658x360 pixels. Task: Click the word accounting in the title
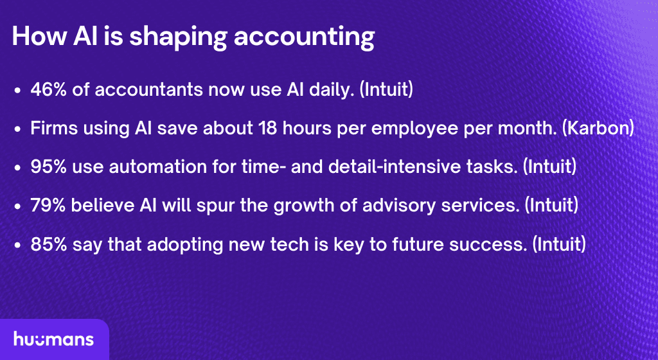coord(304,37)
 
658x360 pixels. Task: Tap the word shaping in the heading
coord(178,37)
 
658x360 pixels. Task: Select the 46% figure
coord(49,89)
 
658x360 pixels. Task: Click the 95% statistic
coord(49,166)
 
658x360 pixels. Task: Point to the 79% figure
coord(48,205)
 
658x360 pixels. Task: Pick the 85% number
coord(49,244)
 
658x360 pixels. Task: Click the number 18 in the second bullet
coord(268,128)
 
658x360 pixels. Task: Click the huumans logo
coord(54,339)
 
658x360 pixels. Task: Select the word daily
coord(332,90)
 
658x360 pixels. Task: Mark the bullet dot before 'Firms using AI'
coord(17,129)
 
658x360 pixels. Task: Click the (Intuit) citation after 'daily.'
coord(386,90)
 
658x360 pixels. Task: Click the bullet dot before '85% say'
coord(17,245)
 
